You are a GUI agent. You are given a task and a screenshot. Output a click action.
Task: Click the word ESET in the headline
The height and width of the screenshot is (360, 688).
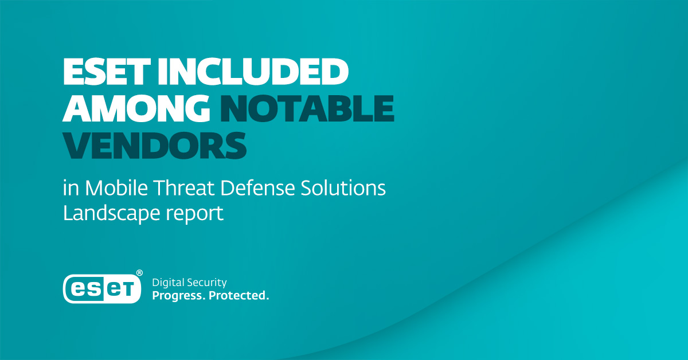(107, 71)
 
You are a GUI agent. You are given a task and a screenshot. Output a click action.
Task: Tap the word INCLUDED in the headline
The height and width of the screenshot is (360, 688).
(253, 71)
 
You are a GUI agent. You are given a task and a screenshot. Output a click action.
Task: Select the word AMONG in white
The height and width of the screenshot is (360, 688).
(136, 108)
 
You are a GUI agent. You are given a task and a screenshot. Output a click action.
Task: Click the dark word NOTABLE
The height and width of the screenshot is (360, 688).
(307, 108)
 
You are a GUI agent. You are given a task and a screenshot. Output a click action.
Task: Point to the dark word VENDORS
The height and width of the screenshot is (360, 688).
(154, 145)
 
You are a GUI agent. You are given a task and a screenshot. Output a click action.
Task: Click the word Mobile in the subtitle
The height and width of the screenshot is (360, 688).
(116, 187)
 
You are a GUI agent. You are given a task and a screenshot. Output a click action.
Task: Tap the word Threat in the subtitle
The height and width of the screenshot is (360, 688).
(184, 187)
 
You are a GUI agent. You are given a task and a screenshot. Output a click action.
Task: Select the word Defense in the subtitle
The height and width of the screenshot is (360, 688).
(257, 187)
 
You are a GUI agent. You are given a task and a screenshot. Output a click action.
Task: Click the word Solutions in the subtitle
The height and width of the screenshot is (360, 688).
(343, 187)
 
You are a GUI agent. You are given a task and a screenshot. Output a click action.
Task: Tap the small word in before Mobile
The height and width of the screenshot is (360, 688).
(71, 187)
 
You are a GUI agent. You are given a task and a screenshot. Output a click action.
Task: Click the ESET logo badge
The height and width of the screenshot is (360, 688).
(102, 289)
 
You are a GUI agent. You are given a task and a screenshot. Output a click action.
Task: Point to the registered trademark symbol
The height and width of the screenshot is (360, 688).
(139, 273)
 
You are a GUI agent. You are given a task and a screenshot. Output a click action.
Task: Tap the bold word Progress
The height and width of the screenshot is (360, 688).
(178, 296)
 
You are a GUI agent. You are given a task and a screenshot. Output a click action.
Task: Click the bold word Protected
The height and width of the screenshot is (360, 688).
(239, 295)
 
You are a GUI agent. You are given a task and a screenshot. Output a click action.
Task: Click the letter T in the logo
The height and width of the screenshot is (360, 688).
(128, 289)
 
